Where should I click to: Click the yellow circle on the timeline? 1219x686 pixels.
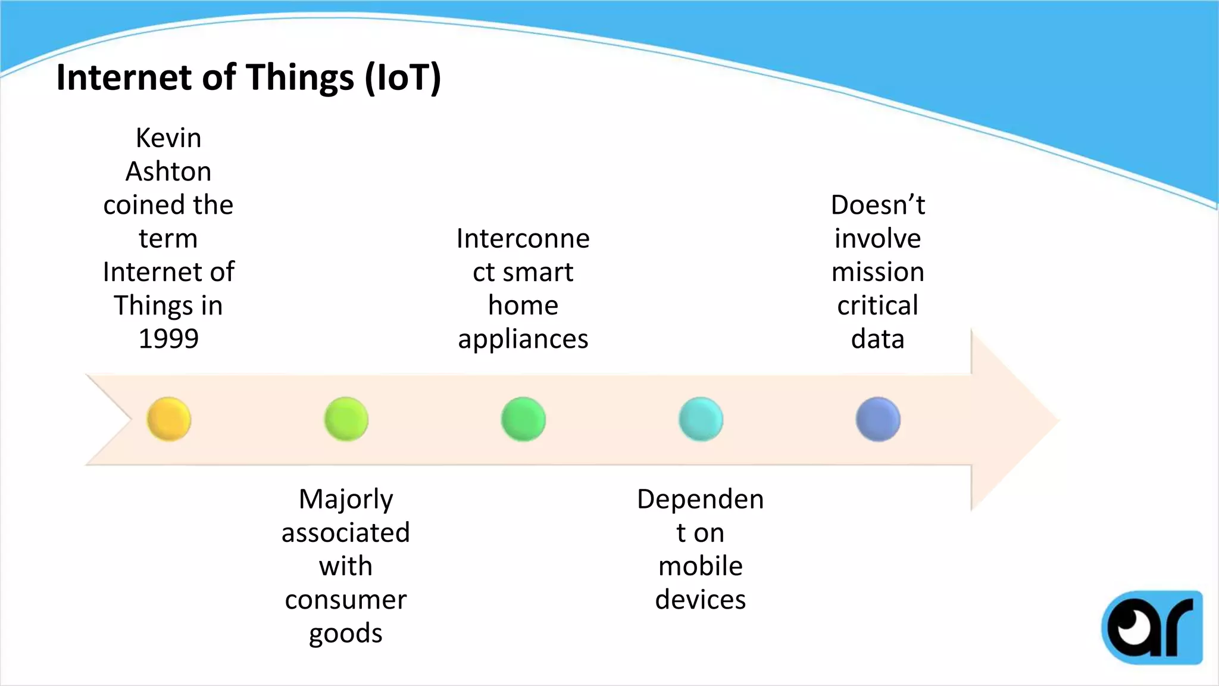(169, 419)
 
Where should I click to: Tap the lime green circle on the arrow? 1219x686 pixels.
(346, 419)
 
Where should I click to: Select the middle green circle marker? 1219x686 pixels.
(523, 419)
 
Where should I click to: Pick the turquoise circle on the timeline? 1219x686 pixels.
(701, 419)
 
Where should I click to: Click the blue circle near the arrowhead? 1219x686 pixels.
(878, 419)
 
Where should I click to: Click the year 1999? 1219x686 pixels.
(168, 339)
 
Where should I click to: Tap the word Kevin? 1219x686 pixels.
(168, 138)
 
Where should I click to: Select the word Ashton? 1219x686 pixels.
(168, 171)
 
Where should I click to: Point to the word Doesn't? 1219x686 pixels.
(878, 205)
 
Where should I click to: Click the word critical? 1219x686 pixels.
(878, 305)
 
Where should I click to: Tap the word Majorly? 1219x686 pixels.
(346, 499)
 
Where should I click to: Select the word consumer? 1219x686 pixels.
(346, 600)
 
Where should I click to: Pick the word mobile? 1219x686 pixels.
(701, 566)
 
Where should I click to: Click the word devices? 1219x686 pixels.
(701, 600)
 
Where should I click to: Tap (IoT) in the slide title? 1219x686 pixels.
(403, 77)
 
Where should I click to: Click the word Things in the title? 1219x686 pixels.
(300, 77)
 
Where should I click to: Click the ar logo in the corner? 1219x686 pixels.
(1152, 627)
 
